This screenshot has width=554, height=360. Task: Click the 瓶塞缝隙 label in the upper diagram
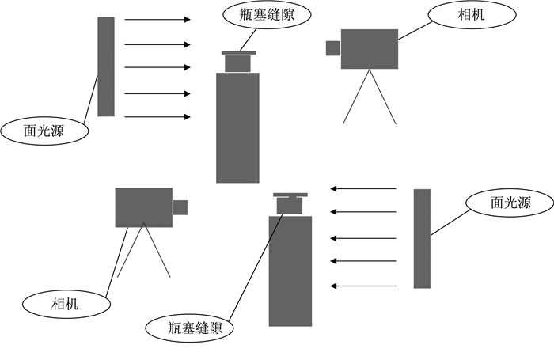pyautogui.click(x=267, y=16)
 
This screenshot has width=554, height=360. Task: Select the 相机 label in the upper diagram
pyautogui.click(x=472, y=15)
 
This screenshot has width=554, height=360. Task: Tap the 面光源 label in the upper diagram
pyautogui.click(x=44, y=131)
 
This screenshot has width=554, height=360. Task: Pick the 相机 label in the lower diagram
pyautogui.click(x=66, y=304)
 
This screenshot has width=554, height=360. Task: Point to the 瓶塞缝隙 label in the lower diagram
pyautogui.click(x=195, y=328)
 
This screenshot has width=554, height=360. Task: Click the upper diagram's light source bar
pyautogui.click(x=106, y=66)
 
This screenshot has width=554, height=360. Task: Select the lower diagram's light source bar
pyautogui.click(x=422, y=238)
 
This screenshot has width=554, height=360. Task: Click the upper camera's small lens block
pyautogui.click(x=333, y=48)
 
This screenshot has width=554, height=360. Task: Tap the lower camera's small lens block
pyautogui.click(x=180, y=207)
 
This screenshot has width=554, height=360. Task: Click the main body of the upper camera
pyautogui.click(x=370, y=49)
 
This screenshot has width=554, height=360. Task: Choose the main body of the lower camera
pyautogui.click(x=144, y=207)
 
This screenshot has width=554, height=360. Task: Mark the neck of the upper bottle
pyautogui.click(x=237, y=64)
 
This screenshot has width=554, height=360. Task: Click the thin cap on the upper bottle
pyautogui.click(x=238, y=53)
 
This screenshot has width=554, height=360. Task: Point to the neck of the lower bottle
pyautogui.click(x=290, y=206)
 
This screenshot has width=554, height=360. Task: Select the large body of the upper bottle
pyautogui.click(x=237, y=128)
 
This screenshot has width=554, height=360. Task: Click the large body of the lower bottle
pyautogui.click(x=290, y=271)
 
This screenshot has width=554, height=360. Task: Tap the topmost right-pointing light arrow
pyautogui.click(x=157, y=20)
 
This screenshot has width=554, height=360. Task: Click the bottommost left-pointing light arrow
pyautogui.click(x=363, y=286)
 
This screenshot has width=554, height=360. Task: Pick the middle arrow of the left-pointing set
pyautogui.click(x=363, y=238)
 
